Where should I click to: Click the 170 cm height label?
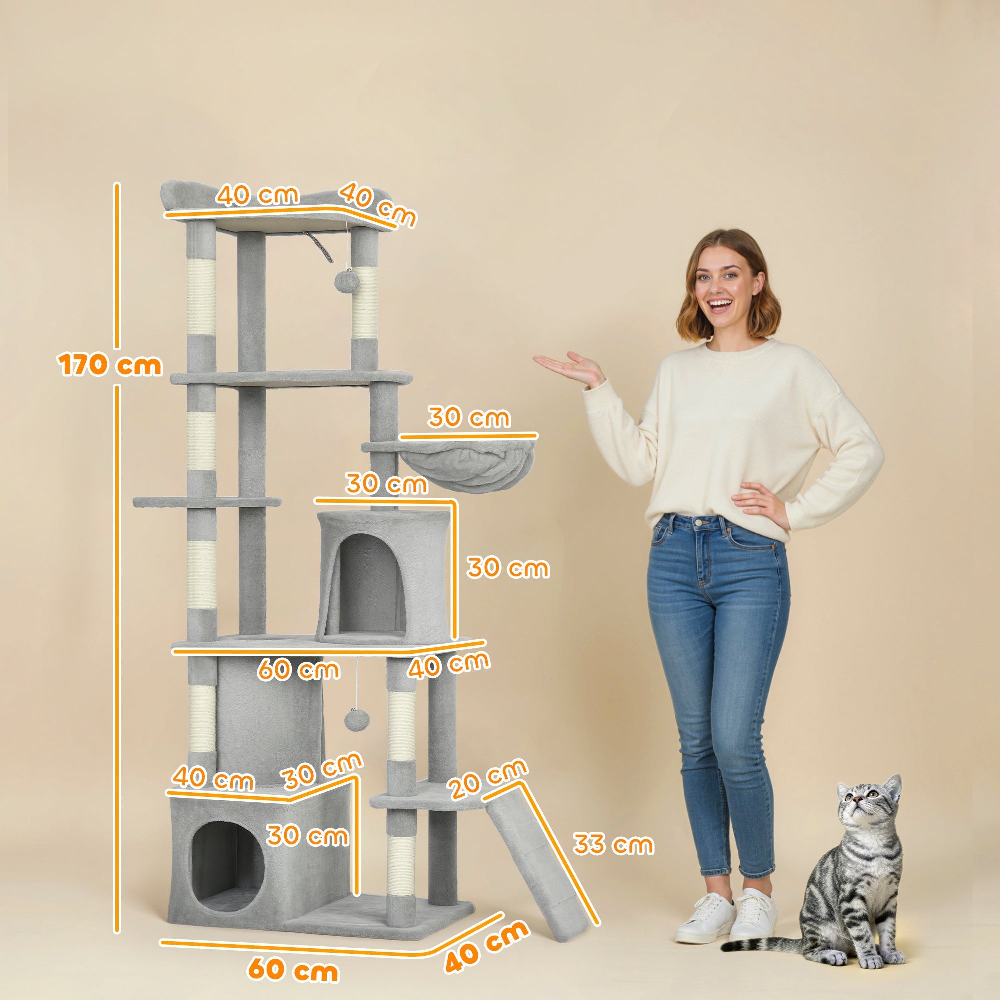coord(110,365)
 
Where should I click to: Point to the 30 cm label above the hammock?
coord(469,417)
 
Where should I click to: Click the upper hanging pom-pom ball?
coord(344,280)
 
